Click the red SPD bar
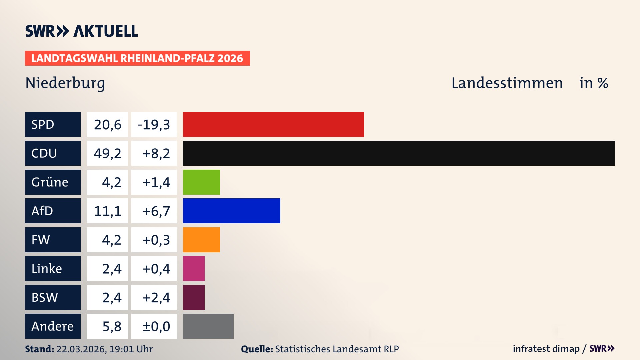coord(273,124)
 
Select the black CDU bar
coord(399,153)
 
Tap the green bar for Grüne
coord(201,182)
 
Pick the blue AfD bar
coord(231,211)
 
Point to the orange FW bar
coord(201,240)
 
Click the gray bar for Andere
coord(208,326)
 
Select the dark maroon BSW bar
coord(194,297)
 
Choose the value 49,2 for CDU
coord(107,153)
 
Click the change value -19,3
coord(154,124)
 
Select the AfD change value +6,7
coord(156,211)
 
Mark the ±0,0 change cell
coord(156,326)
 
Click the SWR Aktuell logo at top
coord(82,31)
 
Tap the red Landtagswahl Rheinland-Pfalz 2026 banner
coord(137,58)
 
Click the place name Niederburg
coord(65,83)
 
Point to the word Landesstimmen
coord(507,83)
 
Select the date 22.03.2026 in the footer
coord(81,349)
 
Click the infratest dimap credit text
coord(546,349)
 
